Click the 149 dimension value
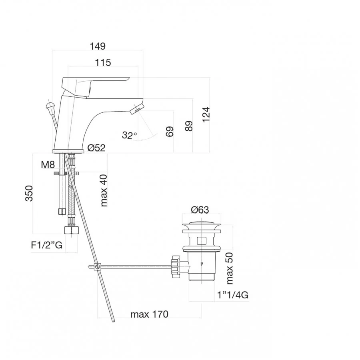click(x=98, y=46)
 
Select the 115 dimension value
click(x=103, y=62)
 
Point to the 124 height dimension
click(x=206, y=114)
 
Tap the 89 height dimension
click(x=189, y=126)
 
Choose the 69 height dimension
click(x=170, y=132)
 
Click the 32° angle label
click(x=130, y=135)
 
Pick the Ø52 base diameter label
click(x=96, y=148)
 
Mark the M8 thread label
click(x=48, y=165)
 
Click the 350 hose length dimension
click(x=29, y=193)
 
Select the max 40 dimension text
click(x=104, y=190)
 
